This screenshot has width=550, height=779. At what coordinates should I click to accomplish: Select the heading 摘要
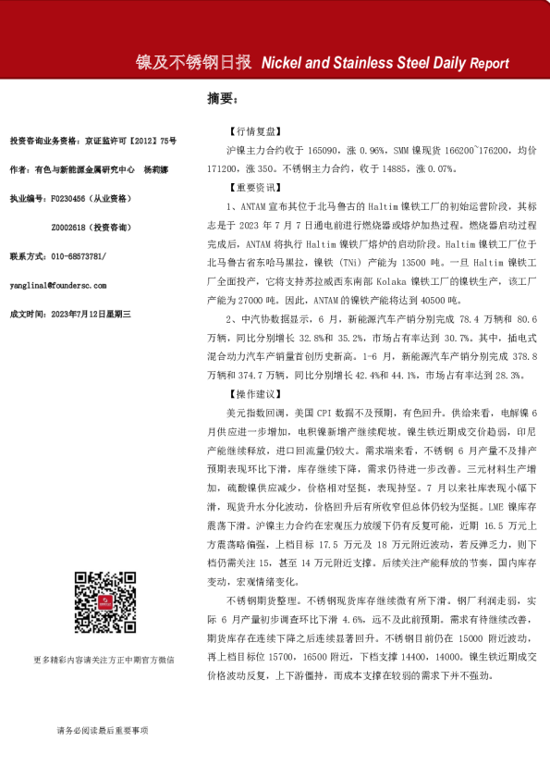click(222, 98)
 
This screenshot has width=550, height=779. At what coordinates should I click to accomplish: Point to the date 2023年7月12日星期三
click(92, 315)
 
